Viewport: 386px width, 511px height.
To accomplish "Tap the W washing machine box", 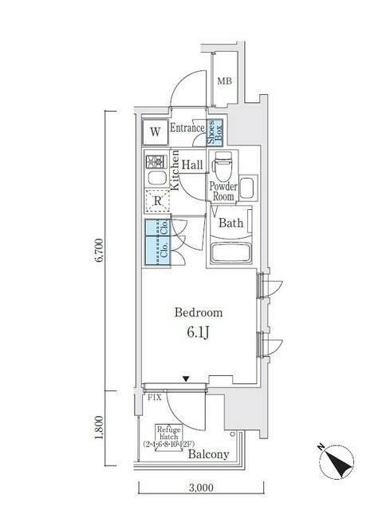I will (156, 131).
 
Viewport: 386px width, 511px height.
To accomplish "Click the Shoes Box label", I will (215, 131).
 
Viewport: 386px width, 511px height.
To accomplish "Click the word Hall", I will (192, 164).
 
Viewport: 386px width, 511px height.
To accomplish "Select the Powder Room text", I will (223, 191).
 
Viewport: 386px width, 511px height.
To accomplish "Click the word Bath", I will (231, 223).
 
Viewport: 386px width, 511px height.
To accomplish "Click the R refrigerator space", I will (157, 202).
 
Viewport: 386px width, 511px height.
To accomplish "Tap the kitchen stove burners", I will (155, 159).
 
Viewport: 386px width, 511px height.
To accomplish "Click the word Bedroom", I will (199, 313).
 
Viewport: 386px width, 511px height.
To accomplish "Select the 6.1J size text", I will (199, 331).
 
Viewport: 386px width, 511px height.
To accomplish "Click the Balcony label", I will (209, 454).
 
